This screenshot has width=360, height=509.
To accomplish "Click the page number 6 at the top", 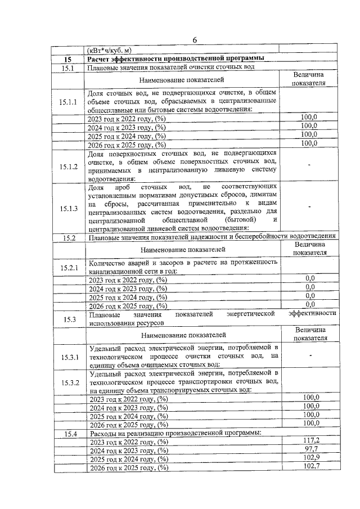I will point(195,39).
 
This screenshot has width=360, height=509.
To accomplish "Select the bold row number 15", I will point(67,58).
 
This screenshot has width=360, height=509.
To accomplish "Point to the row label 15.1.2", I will point(67,166).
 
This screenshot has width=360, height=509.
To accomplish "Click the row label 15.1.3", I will point(67,208).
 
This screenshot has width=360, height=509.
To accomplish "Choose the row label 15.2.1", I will point(67,267).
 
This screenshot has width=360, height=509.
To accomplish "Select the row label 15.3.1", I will point(67,357).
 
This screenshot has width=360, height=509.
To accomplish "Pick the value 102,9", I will point(310,458).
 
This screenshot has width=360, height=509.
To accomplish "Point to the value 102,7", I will point(310,467).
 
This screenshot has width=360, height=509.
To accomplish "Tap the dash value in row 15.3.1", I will point(310,355).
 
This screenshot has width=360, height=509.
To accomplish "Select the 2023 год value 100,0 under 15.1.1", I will point(309,118).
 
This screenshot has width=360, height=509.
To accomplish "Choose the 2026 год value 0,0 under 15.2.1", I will point(310,304).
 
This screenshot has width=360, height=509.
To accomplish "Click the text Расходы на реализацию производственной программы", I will point(175,433).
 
